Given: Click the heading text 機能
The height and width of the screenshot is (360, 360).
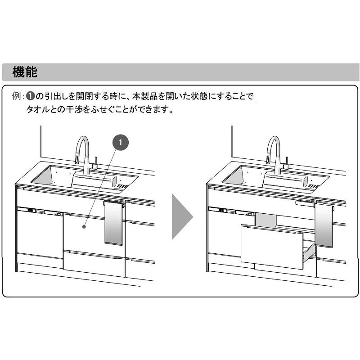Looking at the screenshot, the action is point(25,72).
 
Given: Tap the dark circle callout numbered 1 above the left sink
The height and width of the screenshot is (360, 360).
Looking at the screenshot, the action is point(120,142).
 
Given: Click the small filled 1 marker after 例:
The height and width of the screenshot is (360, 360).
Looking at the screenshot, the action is point(30,96).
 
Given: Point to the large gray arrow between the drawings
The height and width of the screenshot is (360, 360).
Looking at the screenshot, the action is point(183,216).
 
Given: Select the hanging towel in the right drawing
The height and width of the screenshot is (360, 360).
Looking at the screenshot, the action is point(324,225).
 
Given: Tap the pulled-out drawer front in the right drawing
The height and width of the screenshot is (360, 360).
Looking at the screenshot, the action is point(272,247).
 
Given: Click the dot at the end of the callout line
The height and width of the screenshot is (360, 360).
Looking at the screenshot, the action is point(84,227).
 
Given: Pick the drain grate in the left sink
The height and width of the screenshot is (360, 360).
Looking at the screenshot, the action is point(121,186).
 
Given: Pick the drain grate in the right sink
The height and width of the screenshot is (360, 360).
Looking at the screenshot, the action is point(313,186).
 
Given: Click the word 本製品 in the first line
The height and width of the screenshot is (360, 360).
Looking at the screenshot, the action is point(145,96).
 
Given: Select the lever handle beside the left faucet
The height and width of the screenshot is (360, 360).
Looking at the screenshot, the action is point(95,163).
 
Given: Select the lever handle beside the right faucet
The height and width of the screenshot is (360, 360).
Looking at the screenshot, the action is point(287,163).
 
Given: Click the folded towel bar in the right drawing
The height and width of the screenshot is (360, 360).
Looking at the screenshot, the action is point(305,203).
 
